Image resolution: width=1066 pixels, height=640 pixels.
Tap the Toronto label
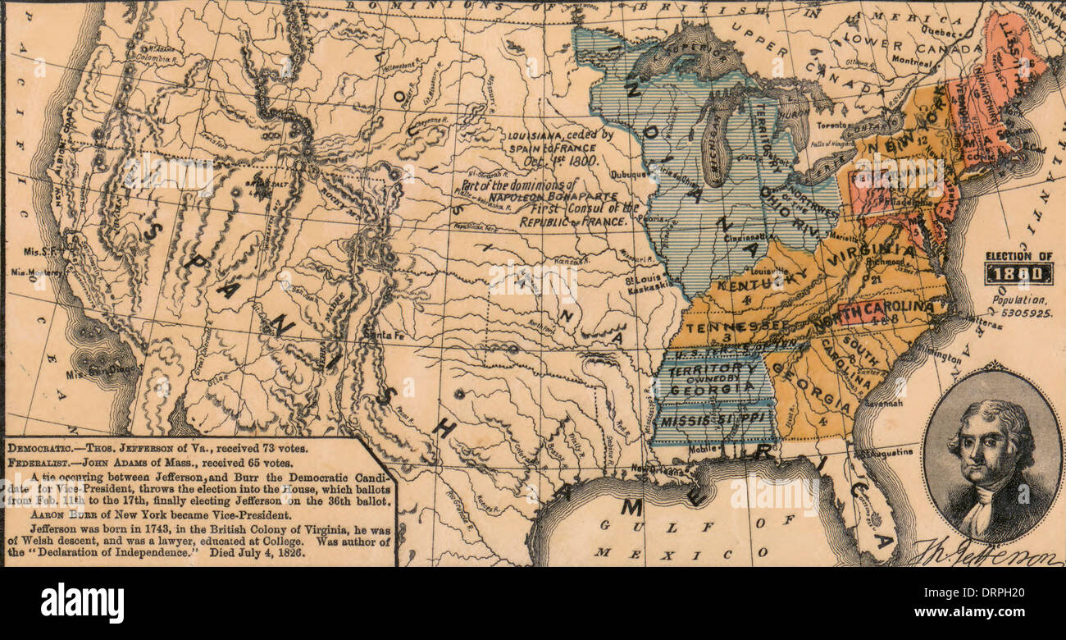[831, 124]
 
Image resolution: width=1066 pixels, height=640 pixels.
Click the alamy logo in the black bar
[82, 604]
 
